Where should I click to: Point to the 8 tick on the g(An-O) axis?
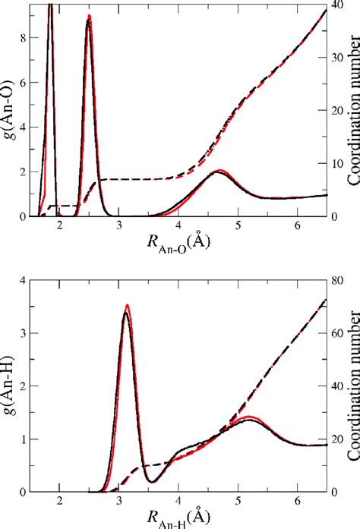click(x=21, y=36)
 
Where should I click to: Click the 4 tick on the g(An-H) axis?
click(x=21, y=280)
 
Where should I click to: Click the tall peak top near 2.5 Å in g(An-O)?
click(x=89, y=17)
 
